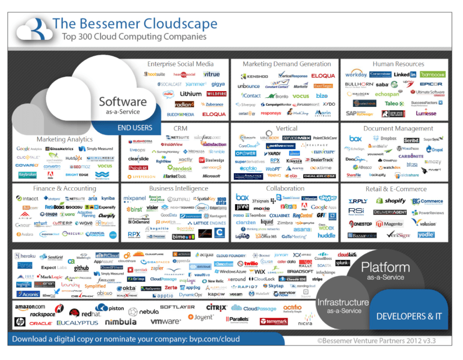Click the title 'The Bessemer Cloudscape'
coord(134,24)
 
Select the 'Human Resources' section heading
coord(398,64)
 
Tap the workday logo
coord(356,74)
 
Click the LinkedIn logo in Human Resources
coord(404,74)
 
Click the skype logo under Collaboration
coord(327,198)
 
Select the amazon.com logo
coord(30,307)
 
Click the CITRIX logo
coord(216,308)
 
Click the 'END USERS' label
coord(134,128)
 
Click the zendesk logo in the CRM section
coord(179,168)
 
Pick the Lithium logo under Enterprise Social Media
coord(190,94)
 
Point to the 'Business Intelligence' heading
coord(174,189)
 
